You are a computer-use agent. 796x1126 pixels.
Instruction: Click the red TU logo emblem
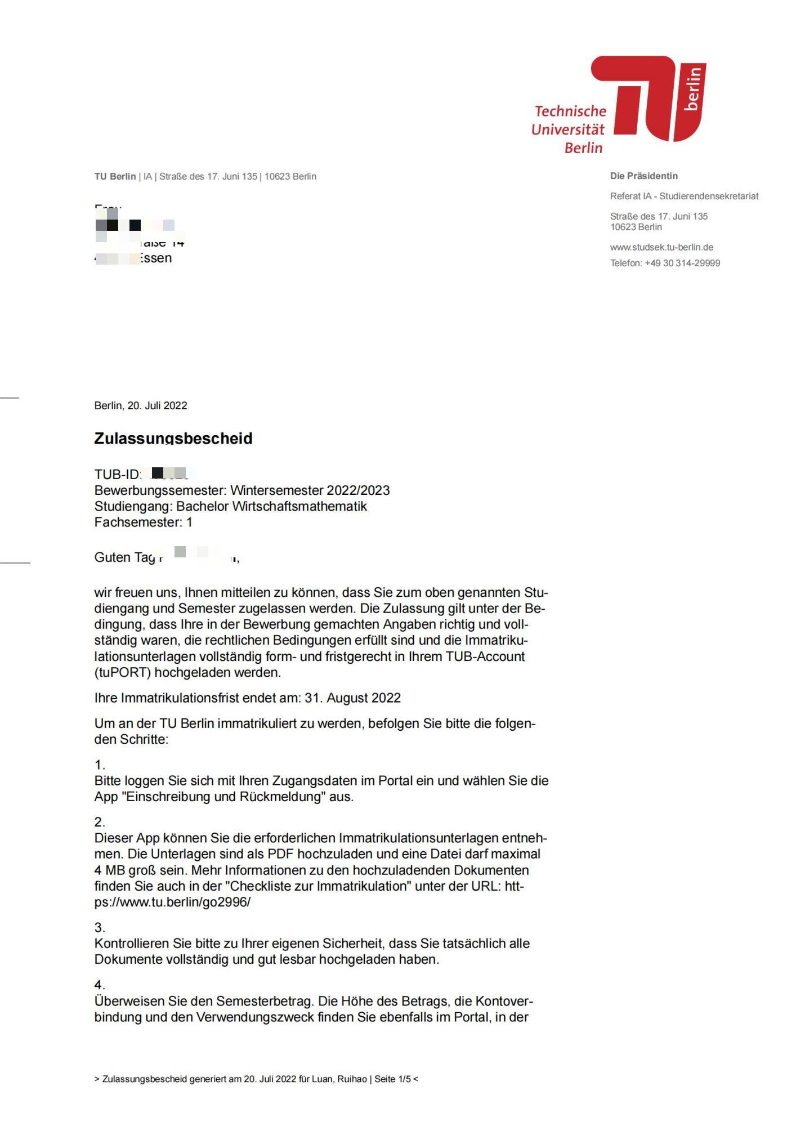pyautogui.click(x=647, y=99)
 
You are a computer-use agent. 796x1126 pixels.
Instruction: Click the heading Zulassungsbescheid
pyautogui.click(x=173, y=438)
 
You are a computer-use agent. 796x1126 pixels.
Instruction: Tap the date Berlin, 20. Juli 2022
pyautogui.click(x=141, y=405)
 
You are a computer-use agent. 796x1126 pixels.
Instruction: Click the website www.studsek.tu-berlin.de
pyautogui.click(x=661, y=247)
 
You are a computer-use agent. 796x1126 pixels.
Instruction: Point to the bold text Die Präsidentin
pyautogui.click(x=643, y=176)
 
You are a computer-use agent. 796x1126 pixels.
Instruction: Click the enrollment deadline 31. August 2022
pyautogui.click(x=352, y=698)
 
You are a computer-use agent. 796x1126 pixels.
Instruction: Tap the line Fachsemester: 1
pyautogui.click(x=144, y=522)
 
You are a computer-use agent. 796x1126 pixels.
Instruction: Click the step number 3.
pyautogui.click(x=100, y=927)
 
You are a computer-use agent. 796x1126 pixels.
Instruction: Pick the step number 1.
pyautogui.click(x=100, y=765)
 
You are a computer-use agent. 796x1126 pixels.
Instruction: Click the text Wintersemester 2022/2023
pyautogui.click(x=310, y=490)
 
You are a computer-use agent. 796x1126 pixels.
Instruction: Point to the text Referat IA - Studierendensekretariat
pyautogui.click(x=684, y=196)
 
